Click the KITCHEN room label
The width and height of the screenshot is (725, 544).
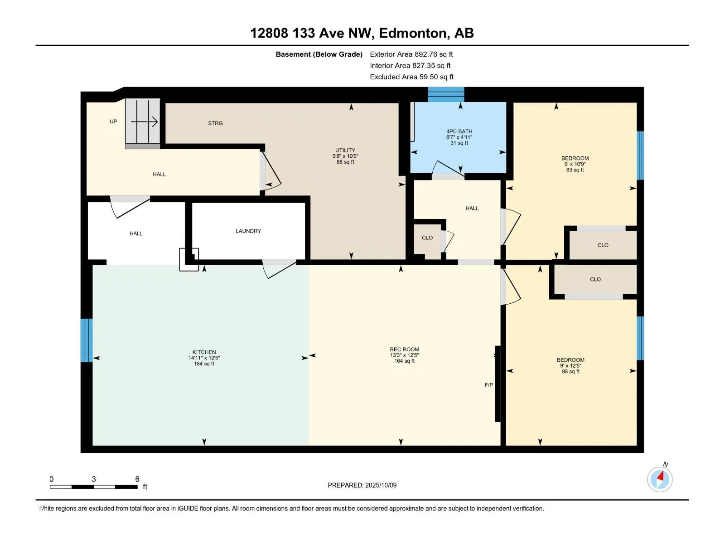(x=204, y=352)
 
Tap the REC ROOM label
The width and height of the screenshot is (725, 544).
(x=404, y=349)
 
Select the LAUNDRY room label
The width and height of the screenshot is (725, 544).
(x=248, y=231)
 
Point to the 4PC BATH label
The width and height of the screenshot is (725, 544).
(x=459, y=131)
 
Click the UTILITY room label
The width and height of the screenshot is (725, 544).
(x=345, y=150)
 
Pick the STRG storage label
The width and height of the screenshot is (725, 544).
(x=215, y=123)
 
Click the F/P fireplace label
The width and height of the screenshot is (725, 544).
(x=488, y=385)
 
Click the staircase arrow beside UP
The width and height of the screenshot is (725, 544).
(x=144, y=122)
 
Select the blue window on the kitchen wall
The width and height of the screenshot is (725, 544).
(x=87, y=340)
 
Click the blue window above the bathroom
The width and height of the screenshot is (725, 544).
(x=446, y=94)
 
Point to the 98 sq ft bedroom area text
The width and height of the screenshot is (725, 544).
(x=570, y=371)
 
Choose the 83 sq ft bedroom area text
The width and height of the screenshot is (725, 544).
(x=575, y=170)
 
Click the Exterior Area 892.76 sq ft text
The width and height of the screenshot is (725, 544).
(x=411, y=54)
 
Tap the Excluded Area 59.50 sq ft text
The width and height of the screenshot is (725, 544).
(x=411, y=77)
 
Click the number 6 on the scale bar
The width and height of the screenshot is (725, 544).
(x=137, y=479)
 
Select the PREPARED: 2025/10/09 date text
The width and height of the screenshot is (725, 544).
(x=362, y=485)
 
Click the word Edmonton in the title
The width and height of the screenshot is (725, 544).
(x=412, y=34)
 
